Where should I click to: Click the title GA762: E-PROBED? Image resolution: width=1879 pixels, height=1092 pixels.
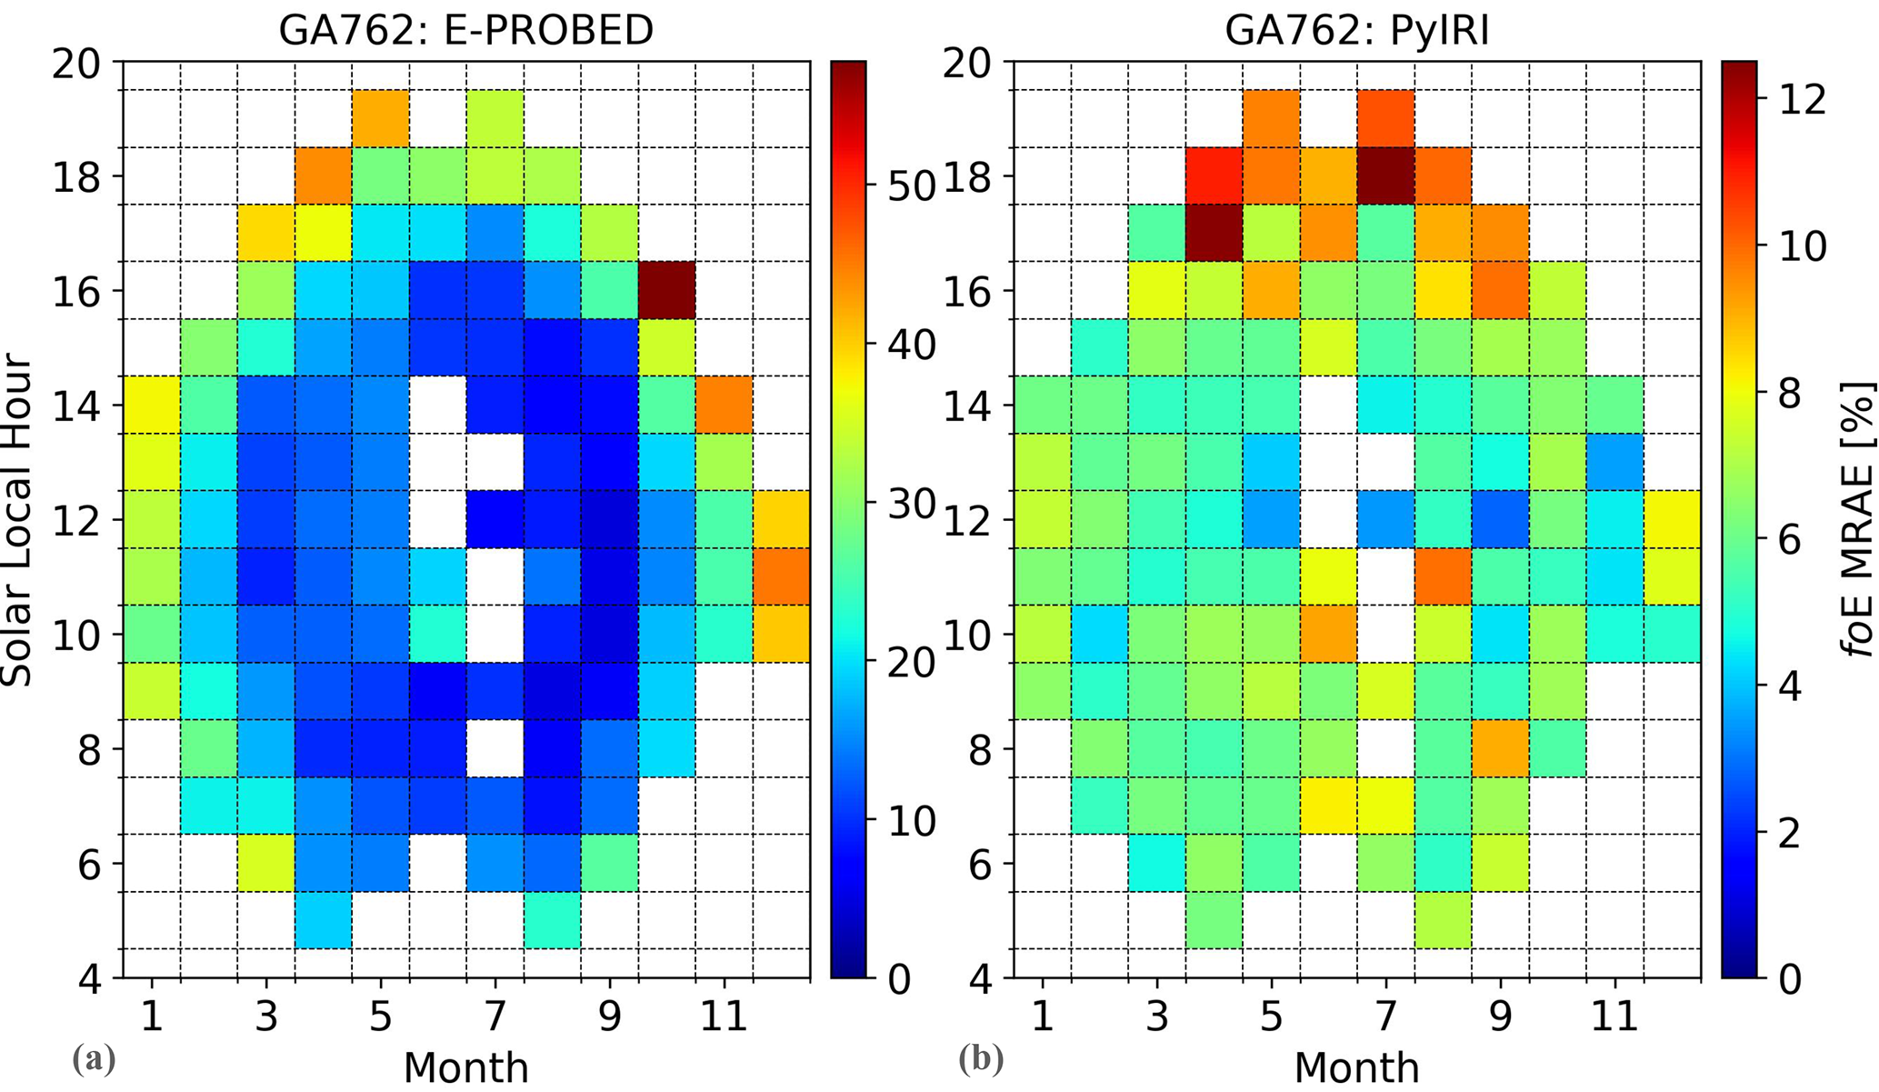click(465, 30)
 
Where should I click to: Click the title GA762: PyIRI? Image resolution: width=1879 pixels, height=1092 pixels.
click(1356, 30)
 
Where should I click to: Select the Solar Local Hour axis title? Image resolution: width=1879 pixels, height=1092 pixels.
click(18, 521)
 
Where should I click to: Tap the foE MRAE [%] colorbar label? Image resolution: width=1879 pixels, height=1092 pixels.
click(1858, 521)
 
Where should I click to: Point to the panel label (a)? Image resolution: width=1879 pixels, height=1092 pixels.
click(94, 1059)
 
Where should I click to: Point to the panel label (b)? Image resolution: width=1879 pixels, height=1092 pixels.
click(981, 1059)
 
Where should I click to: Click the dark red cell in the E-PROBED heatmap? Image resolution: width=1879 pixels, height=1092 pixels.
click(667, 290)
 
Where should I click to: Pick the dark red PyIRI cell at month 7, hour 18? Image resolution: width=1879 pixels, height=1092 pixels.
click(1385, 175)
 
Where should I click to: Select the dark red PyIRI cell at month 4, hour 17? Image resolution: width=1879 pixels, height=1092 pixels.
click(1214, 233)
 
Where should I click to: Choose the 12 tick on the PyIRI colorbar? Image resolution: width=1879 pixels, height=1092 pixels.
click(1803, 99)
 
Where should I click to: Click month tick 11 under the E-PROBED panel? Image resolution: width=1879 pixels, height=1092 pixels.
click(724, 1015)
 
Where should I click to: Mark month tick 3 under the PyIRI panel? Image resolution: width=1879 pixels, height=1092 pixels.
click(1156, 1015)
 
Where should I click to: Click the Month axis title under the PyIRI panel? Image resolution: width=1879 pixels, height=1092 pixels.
click(1356, 1068)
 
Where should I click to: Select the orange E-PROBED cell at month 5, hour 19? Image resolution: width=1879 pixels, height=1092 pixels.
click(380, 118)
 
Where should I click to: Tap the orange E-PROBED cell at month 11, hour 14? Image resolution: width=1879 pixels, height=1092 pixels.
click(724, 405)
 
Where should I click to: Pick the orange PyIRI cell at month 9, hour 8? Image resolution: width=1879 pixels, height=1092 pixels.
click(1500, 748)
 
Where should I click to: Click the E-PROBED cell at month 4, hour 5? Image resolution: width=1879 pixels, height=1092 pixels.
click(323, 920)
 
